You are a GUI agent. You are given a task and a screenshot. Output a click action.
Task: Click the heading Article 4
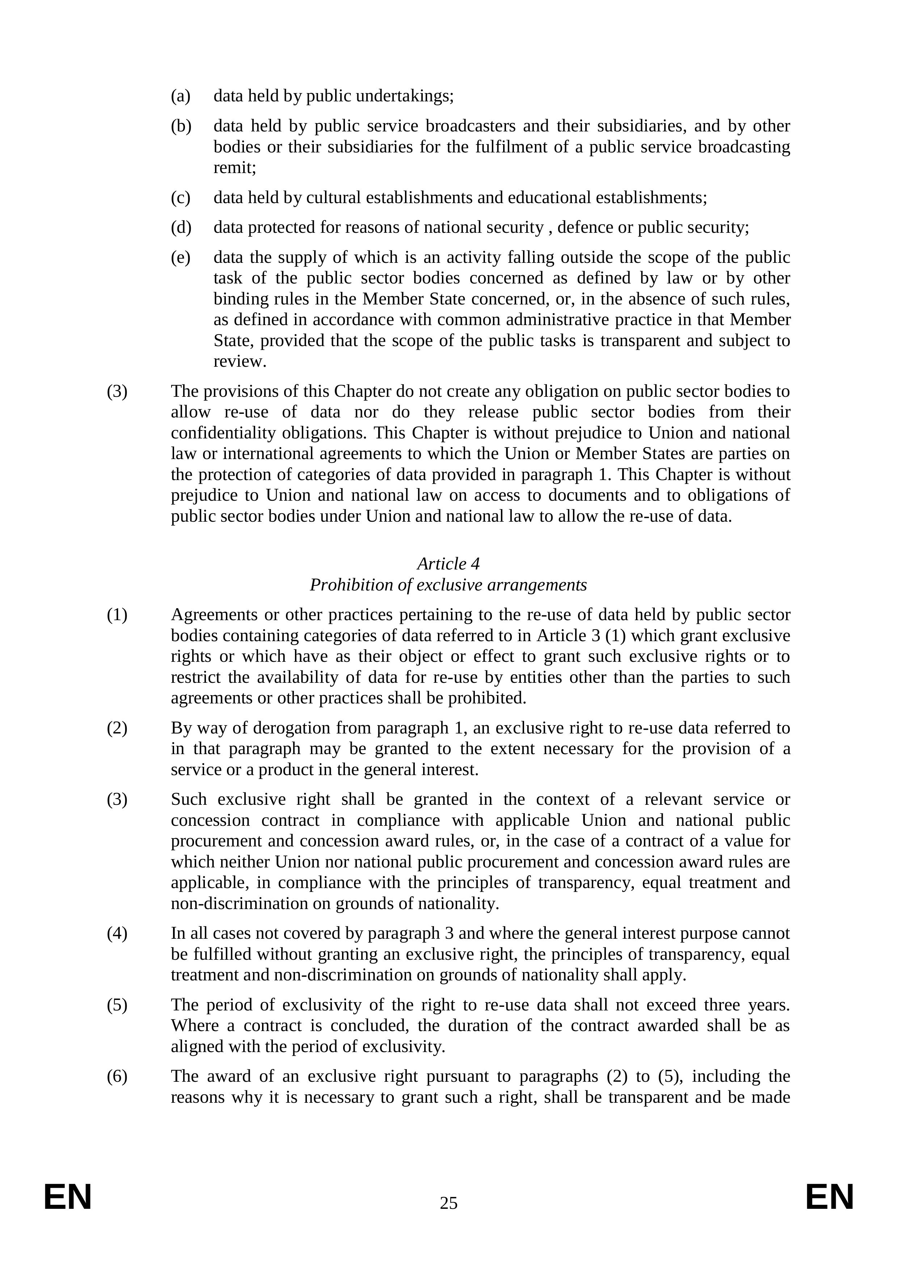point(448,564)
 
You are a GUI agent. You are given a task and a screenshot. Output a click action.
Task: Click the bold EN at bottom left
point(67,1198)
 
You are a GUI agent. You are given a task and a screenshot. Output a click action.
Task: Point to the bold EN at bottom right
point(830,1198)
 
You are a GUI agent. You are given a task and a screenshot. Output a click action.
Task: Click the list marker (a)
point(180,96)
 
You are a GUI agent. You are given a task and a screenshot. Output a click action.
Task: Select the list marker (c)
point(180,197)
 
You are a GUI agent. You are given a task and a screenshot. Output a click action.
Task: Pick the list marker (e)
point(180,257)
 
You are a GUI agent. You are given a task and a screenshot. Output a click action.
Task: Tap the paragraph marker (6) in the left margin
point(117,1076)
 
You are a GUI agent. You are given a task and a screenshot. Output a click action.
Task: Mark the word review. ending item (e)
point(240,362)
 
